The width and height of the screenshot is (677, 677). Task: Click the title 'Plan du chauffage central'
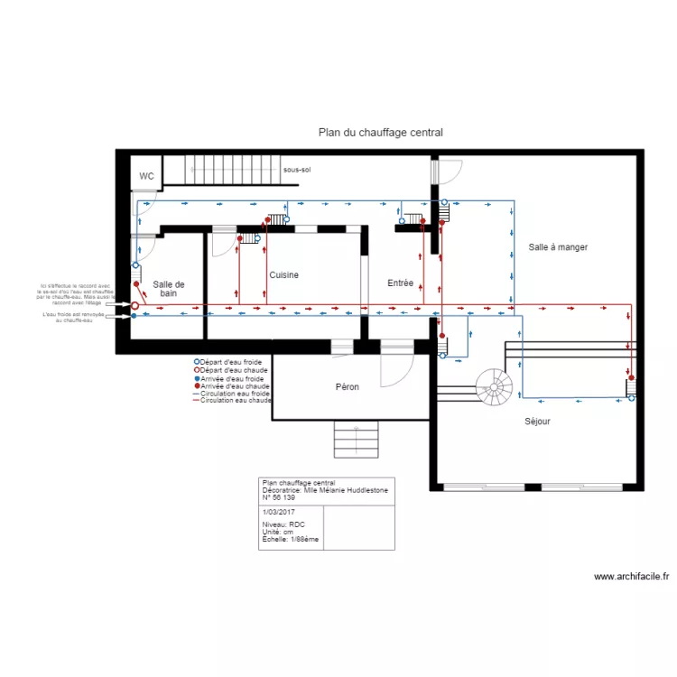point(380,133)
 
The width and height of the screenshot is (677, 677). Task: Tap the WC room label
point(146,176)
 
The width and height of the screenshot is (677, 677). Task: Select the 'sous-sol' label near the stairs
point(296,170)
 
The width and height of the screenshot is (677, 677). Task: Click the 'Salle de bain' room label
point(169,289)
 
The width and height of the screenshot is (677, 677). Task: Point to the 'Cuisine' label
point(283,274)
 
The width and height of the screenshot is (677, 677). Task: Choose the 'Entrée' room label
point(400,283)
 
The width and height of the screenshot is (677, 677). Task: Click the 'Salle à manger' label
point(558,246)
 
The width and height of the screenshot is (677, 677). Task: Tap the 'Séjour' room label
point(537,421)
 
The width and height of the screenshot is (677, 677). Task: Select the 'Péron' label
point(348,387)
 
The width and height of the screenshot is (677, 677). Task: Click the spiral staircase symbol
point(494,388)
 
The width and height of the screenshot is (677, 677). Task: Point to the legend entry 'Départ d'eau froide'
point(233,361)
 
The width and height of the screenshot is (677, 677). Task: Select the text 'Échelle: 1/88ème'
point(290,539)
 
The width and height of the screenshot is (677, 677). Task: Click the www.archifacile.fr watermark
point(631,576)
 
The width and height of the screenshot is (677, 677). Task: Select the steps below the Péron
point(356,440)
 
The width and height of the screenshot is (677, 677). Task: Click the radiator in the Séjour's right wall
point(631,388)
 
